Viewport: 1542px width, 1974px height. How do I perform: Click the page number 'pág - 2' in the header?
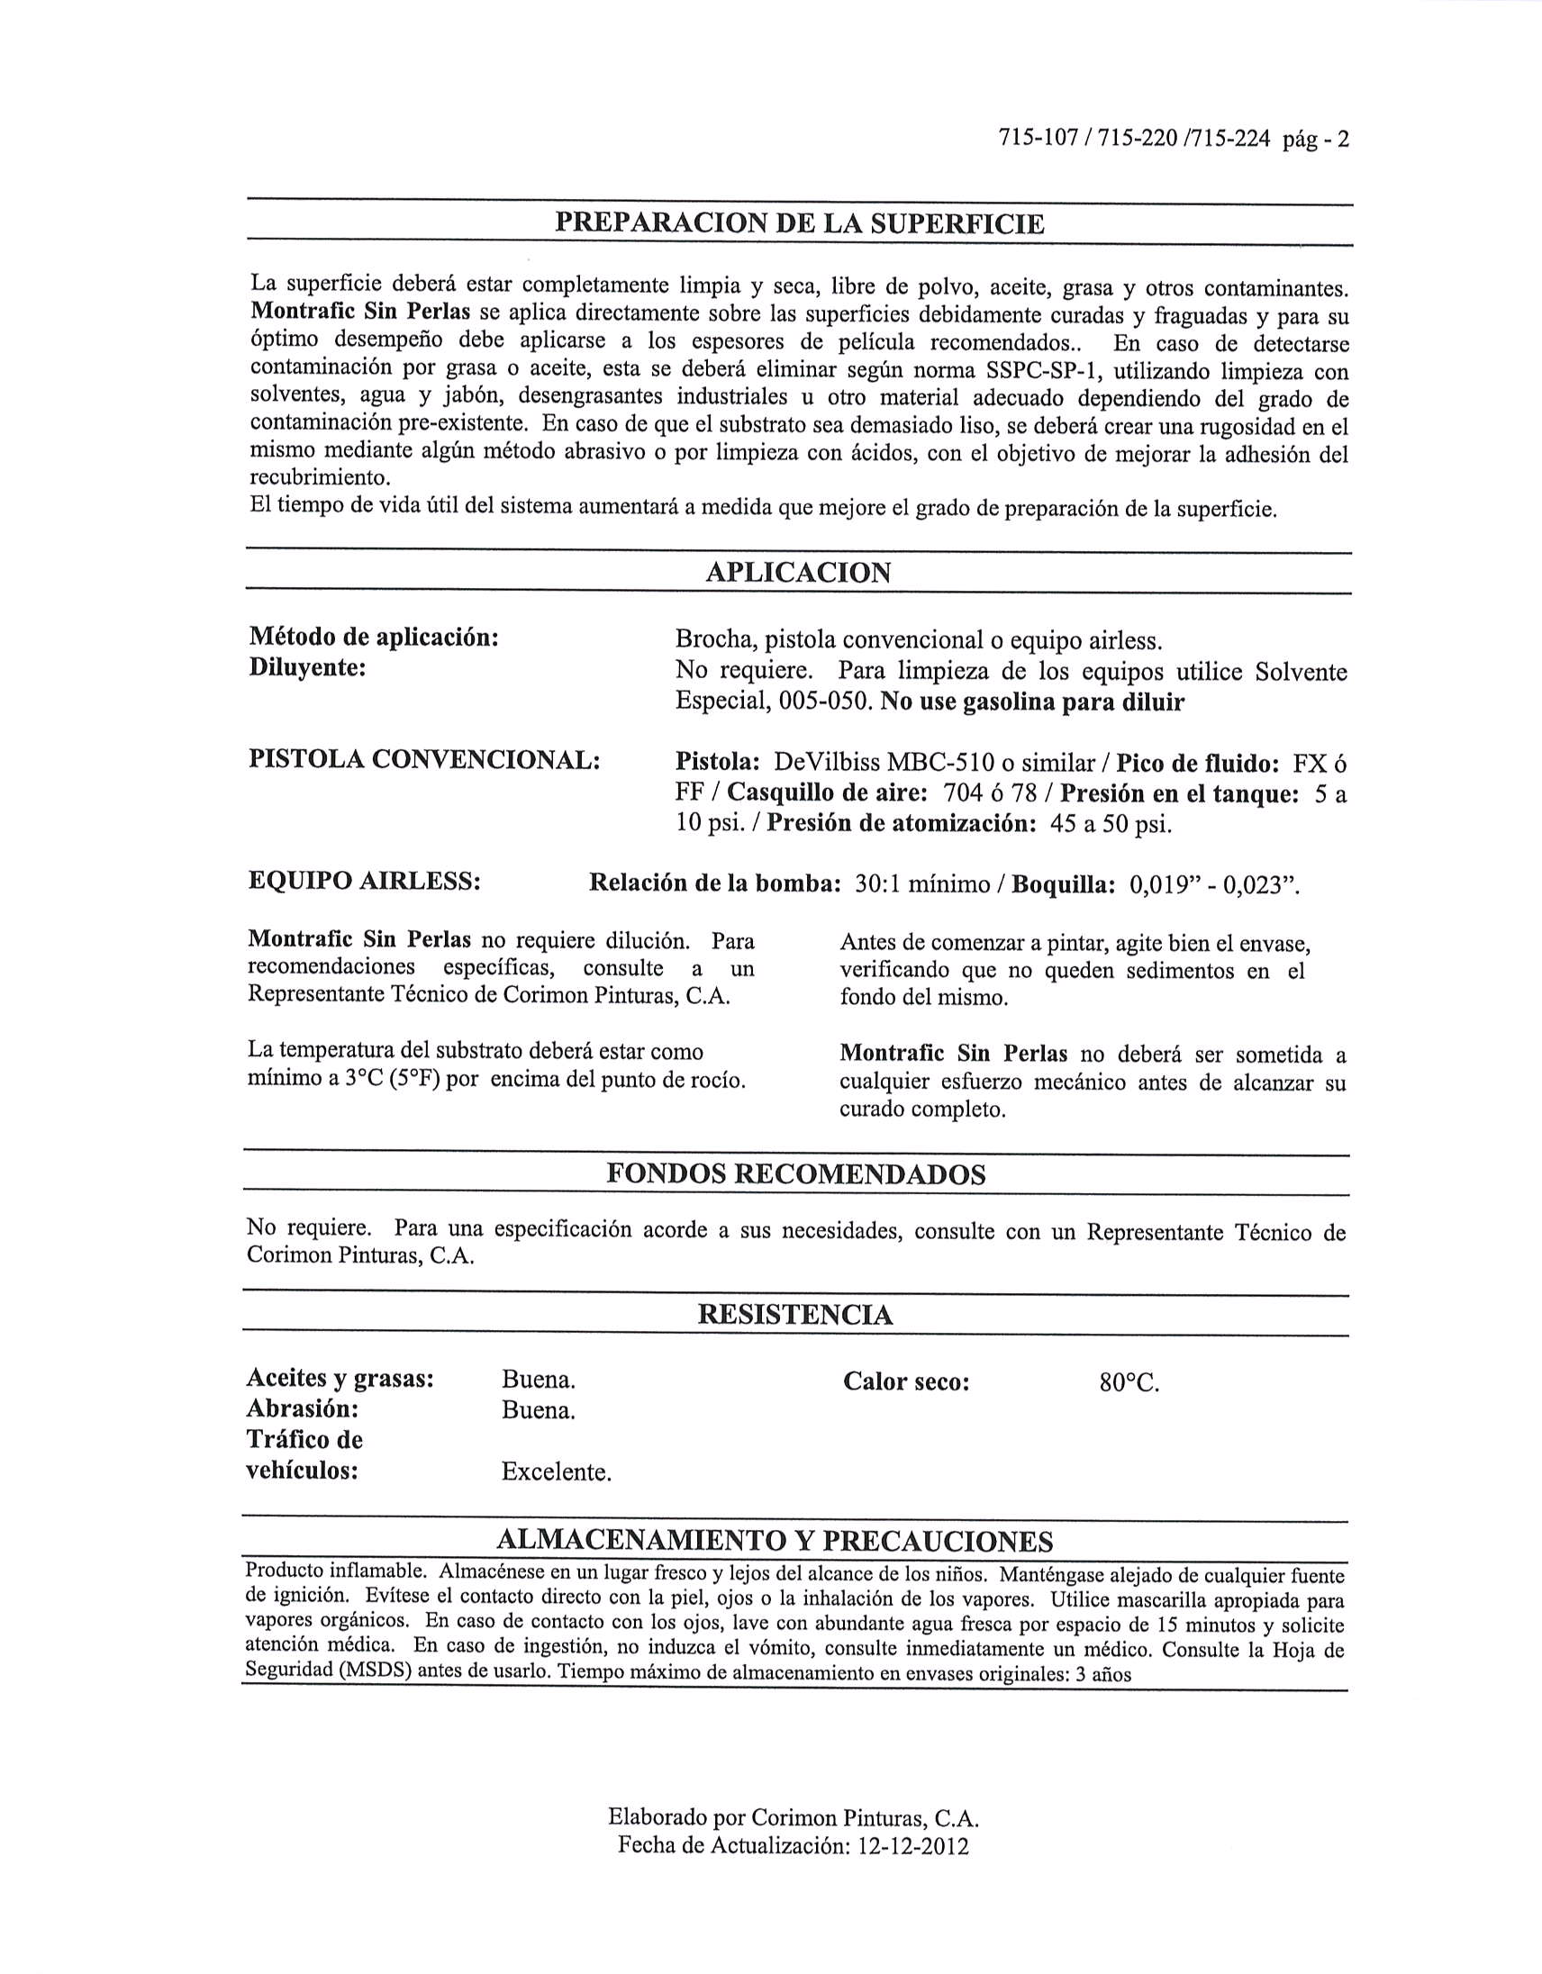pyautogui.click(x=1314, y=140)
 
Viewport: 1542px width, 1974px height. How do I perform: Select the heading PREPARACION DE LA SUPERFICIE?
pyautogui.click(x=799, y=223)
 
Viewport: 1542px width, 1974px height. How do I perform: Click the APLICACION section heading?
pyautogui.click(x=798, y=573)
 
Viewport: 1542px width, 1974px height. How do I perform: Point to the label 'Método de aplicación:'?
pyautogui.click(x=373, y=638)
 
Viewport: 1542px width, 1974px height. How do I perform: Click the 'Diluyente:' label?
pyautogui.click(x=306, y=669)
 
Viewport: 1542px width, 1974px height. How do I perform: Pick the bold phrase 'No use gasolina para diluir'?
pyautogui.click(x=1032, y=702)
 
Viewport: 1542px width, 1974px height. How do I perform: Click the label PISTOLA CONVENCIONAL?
pyautogui.click(x=424, y=760)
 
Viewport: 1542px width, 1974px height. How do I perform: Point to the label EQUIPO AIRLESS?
pyautogui.click(x=363, y=882)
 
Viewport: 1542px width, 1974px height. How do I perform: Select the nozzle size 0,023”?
pyautogui.click(x=1260, y=885)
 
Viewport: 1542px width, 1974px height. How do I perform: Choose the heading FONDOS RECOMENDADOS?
pyautogui.click(x=795, y=1174)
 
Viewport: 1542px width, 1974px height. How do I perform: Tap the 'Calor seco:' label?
pyautogui.click(x=906, y=1382)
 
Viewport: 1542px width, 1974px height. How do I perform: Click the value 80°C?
pyautogui.click(x=1129, y=1383)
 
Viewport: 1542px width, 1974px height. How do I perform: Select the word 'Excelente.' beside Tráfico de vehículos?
pyautogui.click(x=556, y=1472)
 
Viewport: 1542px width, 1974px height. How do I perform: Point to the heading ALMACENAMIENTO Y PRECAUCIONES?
pyautogui.click(x=775, y=1540)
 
